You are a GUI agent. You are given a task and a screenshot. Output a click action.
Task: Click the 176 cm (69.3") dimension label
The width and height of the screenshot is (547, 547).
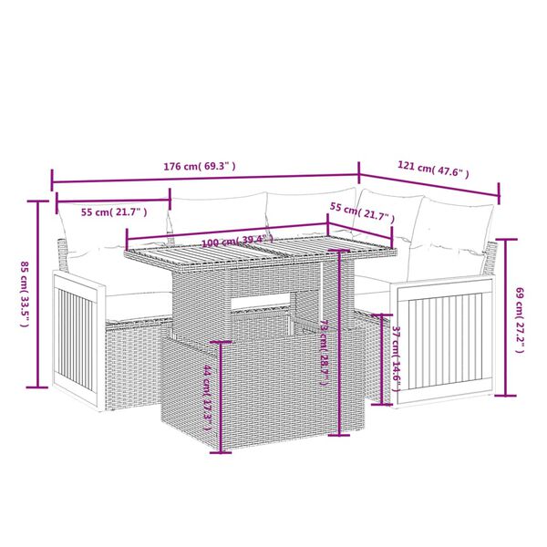[200, 167]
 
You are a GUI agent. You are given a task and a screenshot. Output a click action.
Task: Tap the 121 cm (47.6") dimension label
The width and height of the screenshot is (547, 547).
[433, 169]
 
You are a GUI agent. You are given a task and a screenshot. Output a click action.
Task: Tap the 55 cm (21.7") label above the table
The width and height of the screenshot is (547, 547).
[362, 217]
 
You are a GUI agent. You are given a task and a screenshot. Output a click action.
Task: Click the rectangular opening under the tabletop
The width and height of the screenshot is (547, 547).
[265, 305]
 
